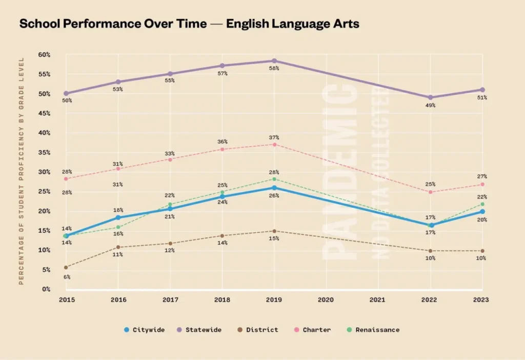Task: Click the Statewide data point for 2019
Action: [x=274, y=61]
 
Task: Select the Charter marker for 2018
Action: [x=222, y=149]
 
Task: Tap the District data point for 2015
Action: [x=66, y=267]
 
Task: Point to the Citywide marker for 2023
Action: [x=482, y=211]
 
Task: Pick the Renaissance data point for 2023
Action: [x=482, y=204]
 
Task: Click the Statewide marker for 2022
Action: [x=430, y=97]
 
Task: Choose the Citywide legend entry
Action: [x=145, y=330]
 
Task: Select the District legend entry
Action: [x=258, y=330]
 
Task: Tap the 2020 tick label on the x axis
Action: [x=326, y=299]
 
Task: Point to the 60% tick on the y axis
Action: [x=44, y=54]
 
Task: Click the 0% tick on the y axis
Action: [x=46, y=289]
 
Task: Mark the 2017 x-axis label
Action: [x=170, y=299]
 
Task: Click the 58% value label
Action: [x=274, y=68]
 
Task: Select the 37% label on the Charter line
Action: [x=274, y=137]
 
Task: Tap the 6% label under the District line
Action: [x=67, y=277]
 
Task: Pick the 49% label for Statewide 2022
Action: [x=430, y=105]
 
